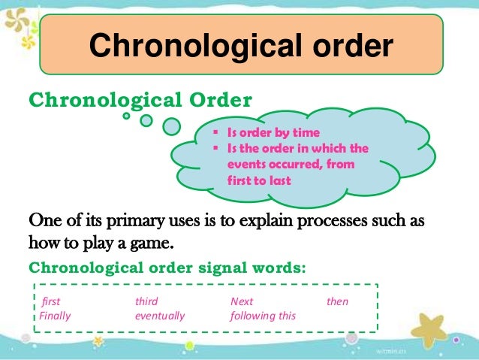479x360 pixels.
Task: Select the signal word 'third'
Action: click(x=146, y=302)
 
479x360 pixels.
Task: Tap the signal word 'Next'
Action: click(x=242, y=302)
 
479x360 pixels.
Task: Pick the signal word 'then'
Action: click(x=338, y=302)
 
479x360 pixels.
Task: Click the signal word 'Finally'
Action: click(x=55, y=316)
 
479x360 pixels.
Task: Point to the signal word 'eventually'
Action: click(x=159, y=316)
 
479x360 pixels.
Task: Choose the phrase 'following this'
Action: click(x=263, y=316)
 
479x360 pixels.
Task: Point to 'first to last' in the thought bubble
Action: click(x=260, y=181)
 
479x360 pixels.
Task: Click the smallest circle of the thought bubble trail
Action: click(x=127, y=116)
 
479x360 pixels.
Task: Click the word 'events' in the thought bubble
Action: click(x=244, y=164)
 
